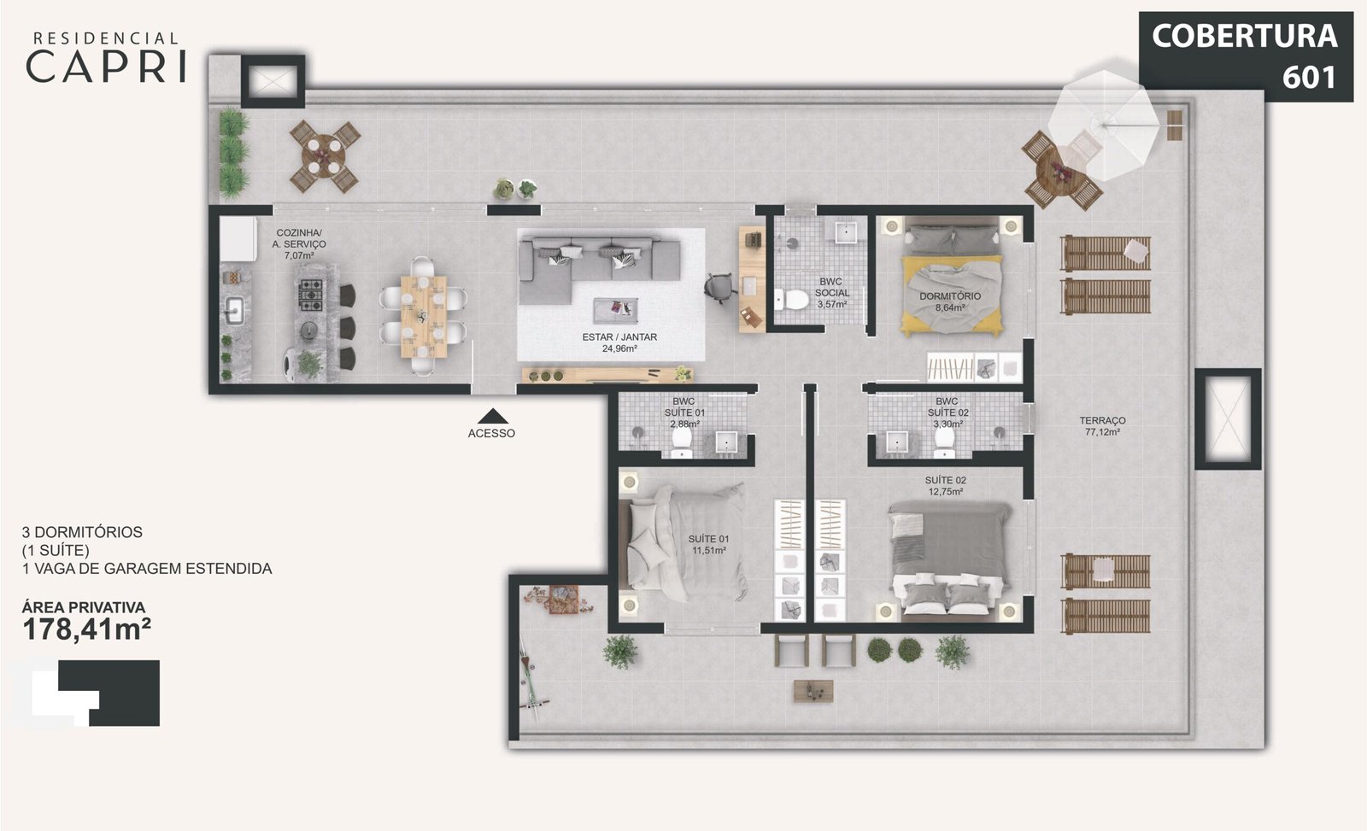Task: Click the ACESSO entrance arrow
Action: (x=492, y=417)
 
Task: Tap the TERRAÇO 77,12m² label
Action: (x=1102, y=426)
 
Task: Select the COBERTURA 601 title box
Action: (x=1246, y=56)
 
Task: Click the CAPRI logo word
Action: (x=106, y=67)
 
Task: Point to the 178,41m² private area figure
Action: (x=86, y=629)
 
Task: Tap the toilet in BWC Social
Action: (x=792, y=300)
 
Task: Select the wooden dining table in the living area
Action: (x=424, y=317)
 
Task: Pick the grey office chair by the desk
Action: (x=720, y=287)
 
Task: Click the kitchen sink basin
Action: (x=234, y=310)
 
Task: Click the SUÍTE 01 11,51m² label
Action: (x=708, y=544)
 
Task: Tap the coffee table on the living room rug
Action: (x=615, y=311)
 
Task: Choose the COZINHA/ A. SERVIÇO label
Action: (x=299, y=244)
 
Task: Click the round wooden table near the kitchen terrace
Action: (x=324, y=156)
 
